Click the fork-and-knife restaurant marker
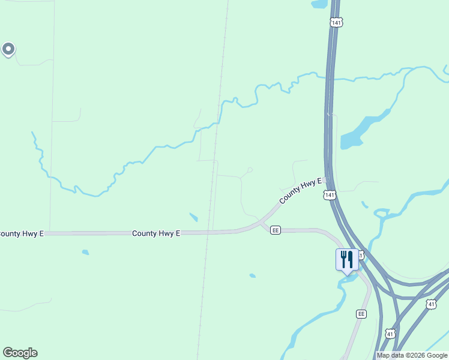tap(346, 260)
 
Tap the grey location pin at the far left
tap(8, 49)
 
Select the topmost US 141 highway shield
tap(336, 22)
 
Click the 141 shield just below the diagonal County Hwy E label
tap(328, 195)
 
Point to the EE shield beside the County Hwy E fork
tap(276, 230)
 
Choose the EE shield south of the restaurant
tap(361, 314)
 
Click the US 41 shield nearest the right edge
tap(431, 305)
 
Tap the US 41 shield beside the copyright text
tap(390, 334)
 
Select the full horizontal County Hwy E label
tap(156, 233)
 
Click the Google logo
tap(20, 353)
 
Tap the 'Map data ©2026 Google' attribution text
tap(412, 355)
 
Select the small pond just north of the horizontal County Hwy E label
tap(193, 217)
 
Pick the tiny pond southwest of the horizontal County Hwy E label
tap(85, 252)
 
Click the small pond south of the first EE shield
tap(252, 276)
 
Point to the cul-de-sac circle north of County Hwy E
tap(250, 170)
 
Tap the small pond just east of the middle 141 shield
tap(364, 205)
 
